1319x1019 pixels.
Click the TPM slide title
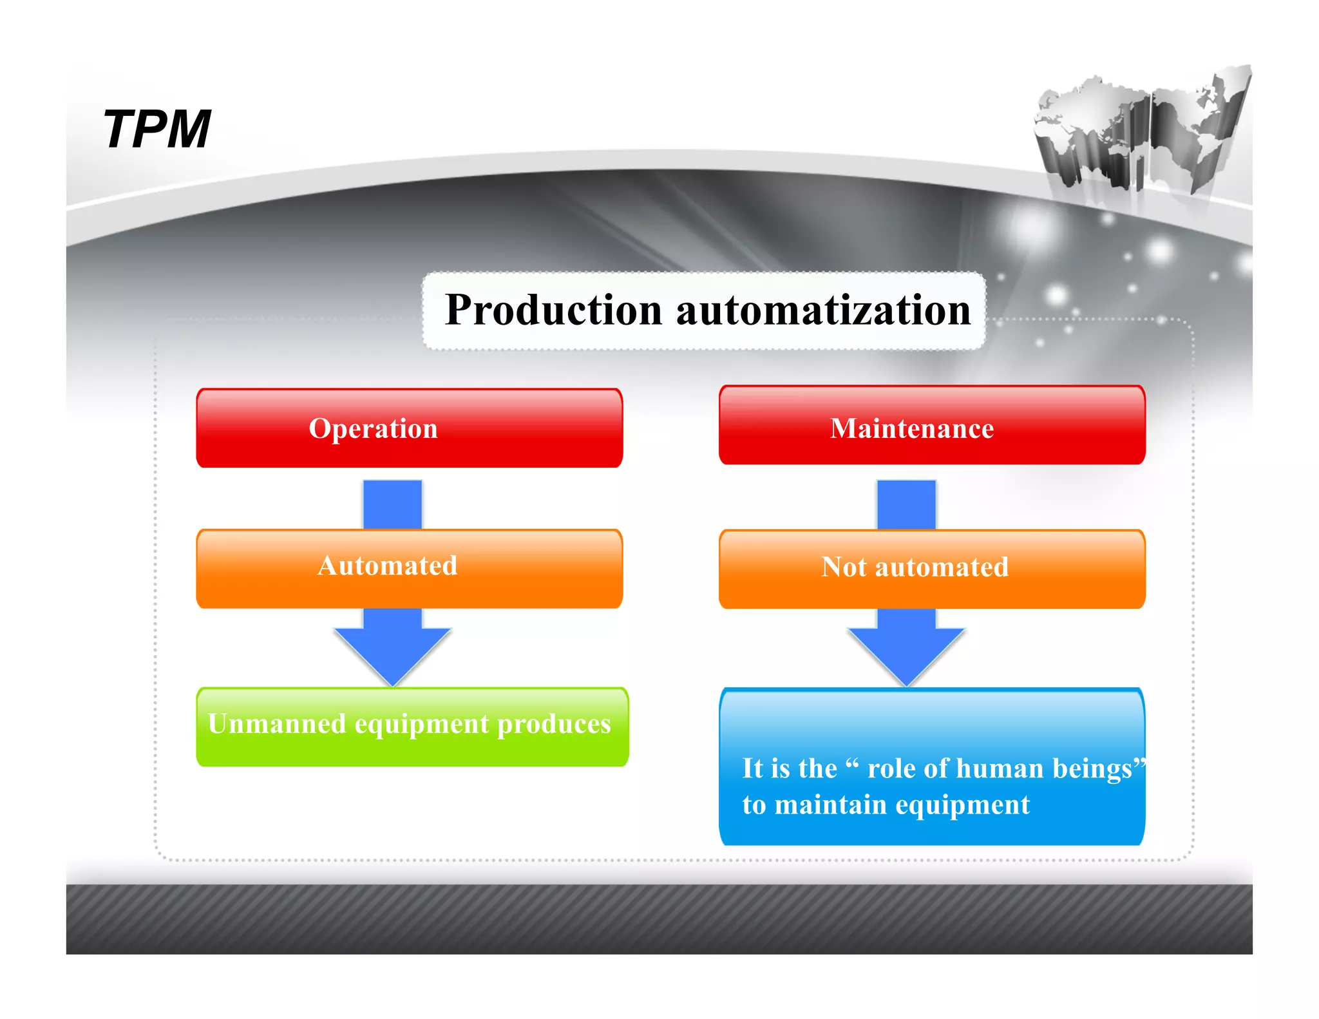point(157,129)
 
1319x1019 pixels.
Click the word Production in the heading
point(553,310)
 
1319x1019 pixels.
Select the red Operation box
point(409,428)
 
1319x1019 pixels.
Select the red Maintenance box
point(931,426)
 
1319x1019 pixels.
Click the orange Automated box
point(409,567)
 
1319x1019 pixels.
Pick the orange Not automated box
point(931,569)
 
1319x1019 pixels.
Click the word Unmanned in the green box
point(276,724)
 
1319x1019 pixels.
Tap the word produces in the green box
point(554,724)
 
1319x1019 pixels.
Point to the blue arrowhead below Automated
point(392,651)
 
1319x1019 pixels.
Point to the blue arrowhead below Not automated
point(906,651)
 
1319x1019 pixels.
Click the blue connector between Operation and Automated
point(392,504)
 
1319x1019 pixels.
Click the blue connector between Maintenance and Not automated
point(906,504)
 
